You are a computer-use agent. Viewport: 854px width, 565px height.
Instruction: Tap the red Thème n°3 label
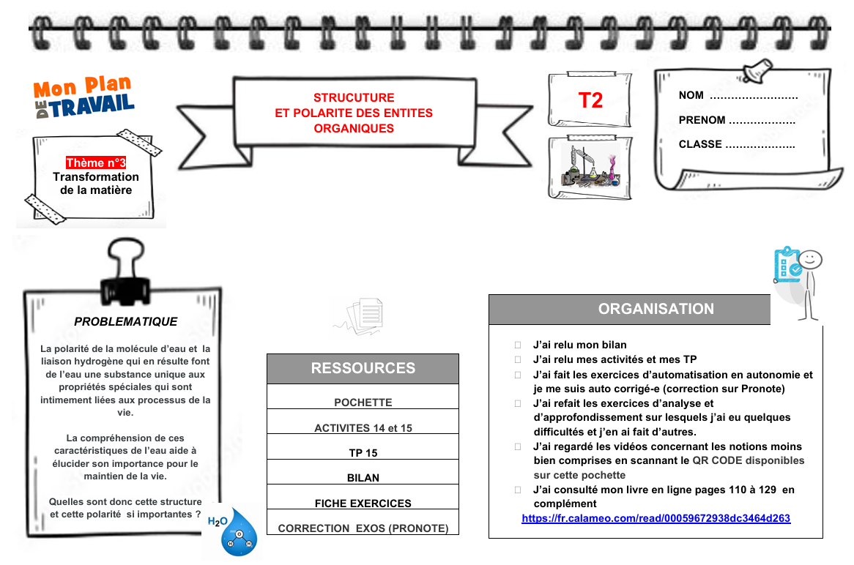pos(96,162)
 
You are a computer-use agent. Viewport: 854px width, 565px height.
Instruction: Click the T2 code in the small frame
pos(590,100)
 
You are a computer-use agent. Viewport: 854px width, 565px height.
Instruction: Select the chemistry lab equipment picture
pos(590,167)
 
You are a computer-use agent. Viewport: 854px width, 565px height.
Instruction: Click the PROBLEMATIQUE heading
pos(126,321)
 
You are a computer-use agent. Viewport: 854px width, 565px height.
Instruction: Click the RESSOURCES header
pos(363,369)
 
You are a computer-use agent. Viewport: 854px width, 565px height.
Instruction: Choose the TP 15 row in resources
pos(363,453)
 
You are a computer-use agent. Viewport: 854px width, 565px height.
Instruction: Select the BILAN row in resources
pos(363,478)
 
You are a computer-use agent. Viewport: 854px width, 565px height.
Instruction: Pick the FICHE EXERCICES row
pos(363,504)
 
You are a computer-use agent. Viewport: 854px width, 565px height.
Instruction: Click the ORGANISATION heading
pos(656,309)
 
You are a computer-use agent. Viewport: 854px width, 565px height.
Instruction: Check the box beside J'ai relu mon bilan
pos(518,345)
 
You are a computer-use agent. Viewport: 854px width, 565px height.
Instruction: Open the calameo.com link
pos(656,518)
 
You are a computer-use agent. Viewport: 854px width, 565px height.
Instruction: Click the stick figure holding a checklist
pos(798,282)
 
